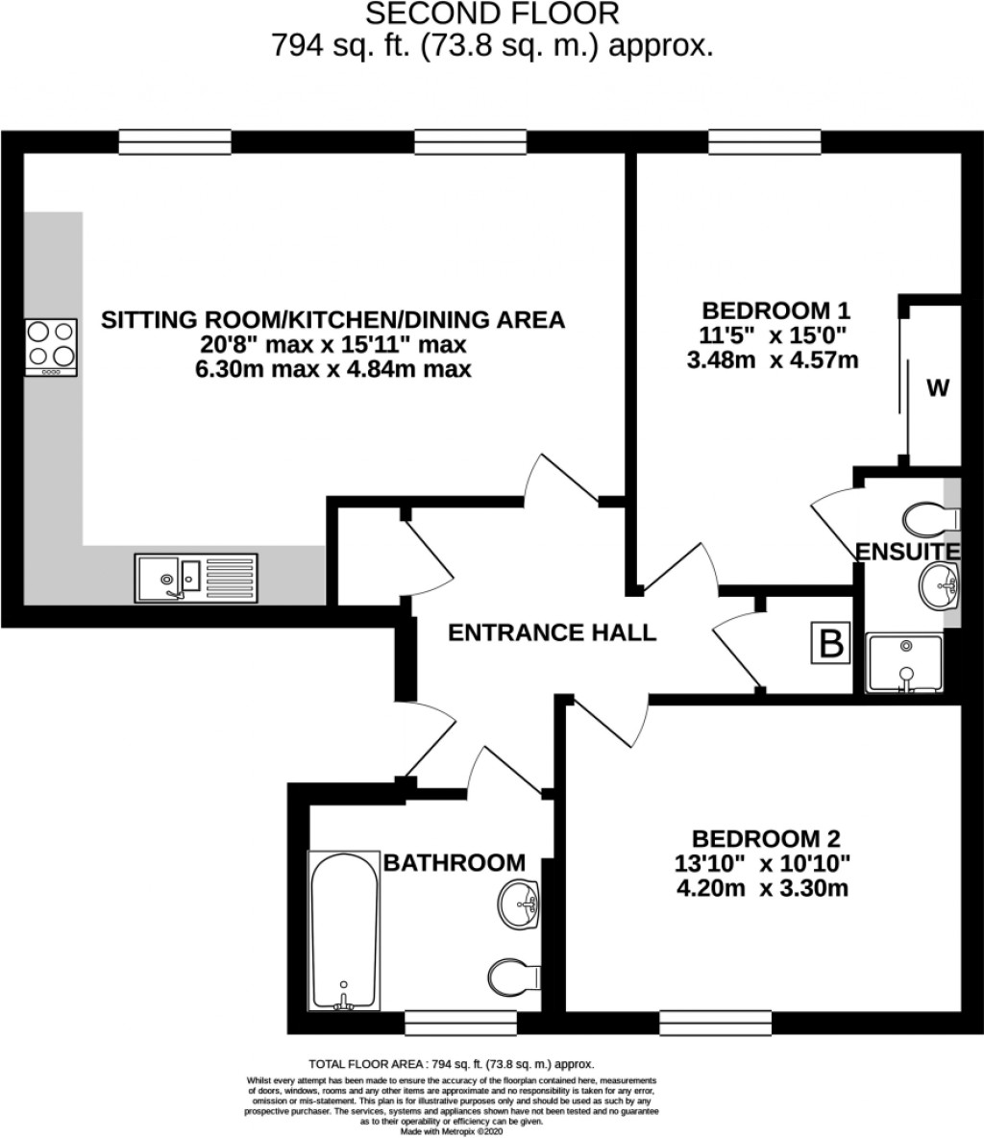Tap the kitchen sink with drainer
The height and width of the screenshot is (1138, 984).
click(x=196, y=578)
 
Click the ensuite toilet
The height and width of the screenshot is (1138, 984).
click(x=928, y=517)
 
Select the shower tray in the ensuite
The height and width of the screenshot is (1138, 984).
click(x=903, y=662)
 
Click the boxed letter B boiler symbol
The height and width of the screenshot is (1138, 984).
click(x=831, y=643)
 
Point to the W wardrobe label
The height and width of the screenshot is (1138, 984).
click(x=937, y=388)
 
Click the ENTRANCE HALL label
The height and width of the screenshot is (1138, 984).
click(x=553, y=632)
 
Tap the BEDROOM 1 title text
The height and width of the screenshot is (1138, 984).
click(x=776, y=310)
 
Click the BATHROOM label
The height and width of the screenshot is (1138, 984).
click(x=455, y=862)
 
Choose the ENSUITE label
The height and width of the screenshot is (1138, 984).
click(x=907, y=552)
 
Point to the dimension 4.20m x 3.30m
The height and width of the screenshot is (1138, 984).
click(x=762, y=887)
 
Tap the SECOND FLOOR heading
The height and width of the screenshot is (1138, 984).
click(x=491, y=13)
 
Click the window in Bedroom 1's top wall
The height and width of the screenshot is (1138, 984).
click(x=764, y=141)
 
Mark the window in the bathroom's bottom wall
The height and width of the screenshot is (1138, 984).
click(x=460, y=1020)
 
